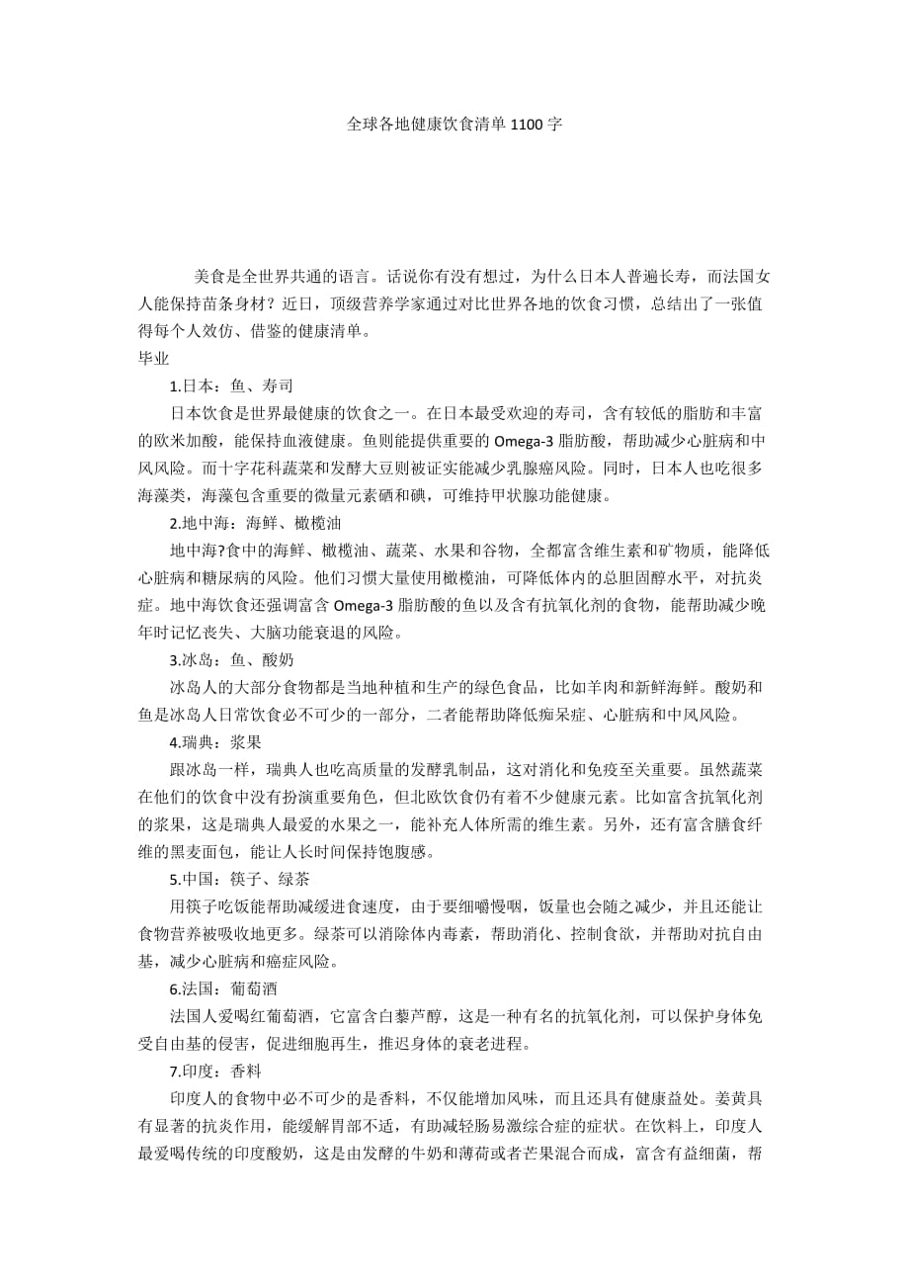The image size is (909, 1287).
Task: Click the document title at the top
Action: coord(454,126)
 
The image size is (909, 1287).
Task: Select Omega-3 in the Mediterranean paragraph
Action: coord(372,604)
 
